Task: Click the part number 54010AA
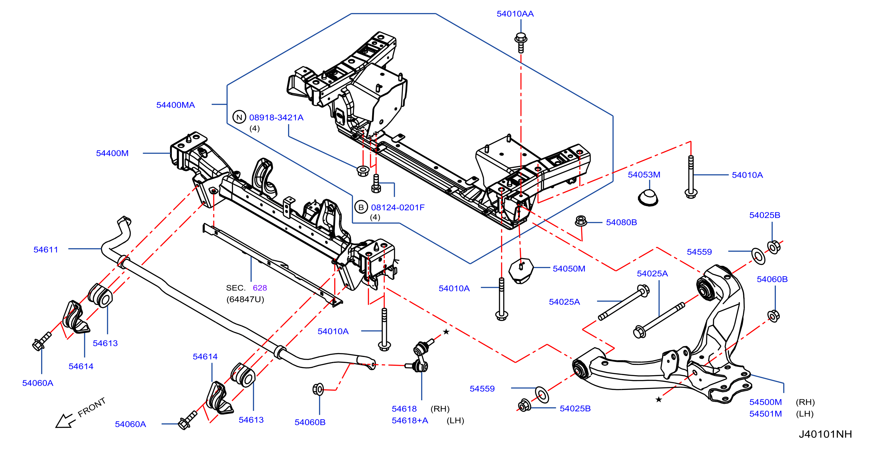[x=515, y=14]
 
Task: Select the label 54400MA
[x=176, y=105]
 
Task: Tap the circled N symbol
[x=239, y=117]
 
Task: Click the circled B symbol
[x=361, y=207]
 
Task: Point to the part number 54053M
[x=644, y=175]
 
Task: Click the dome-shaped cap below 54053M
[x=648, y=198]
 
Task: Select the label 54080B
[x=621, y=222]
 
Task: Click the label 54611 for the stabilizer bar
[x=46, y=250]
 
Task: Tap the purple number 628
[x=260, y=288]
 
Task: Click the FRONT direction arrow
[x=65, y=421]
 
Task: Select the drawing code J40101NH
[x=825, y=434]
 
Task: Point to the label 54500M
[x=765, y=402]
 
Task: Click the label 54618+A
[x=410, y=421]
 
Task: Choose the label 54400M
[x=112, y=153]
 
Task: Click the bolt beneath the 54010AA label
[x=521, y=43]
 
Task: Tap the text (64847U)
[x=245, y=299]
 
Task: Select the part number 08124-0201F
[x=398, y=207]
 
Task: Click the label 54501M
[x=765, y=414]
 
